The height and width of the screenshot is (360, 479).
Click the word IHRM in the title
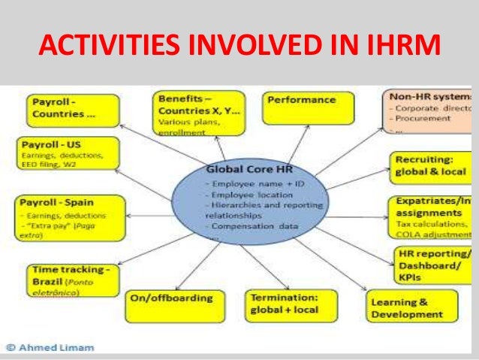tap(399, 47)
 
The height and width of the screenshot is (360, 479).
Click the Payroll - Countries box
tap(73, 109)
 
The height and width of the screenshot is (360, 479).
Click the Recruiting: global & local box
tap(431, 165)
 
